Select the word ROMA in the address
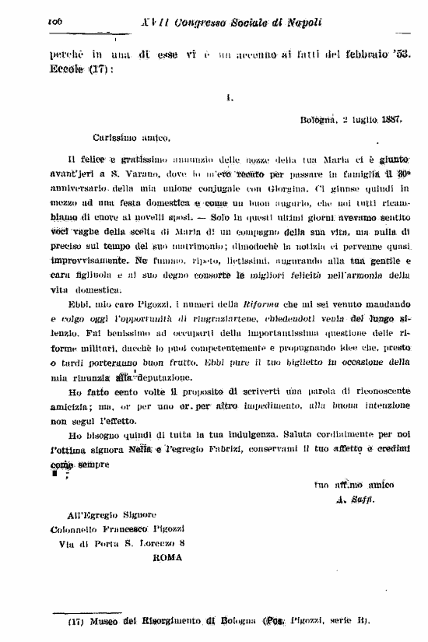coord(167,557)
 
